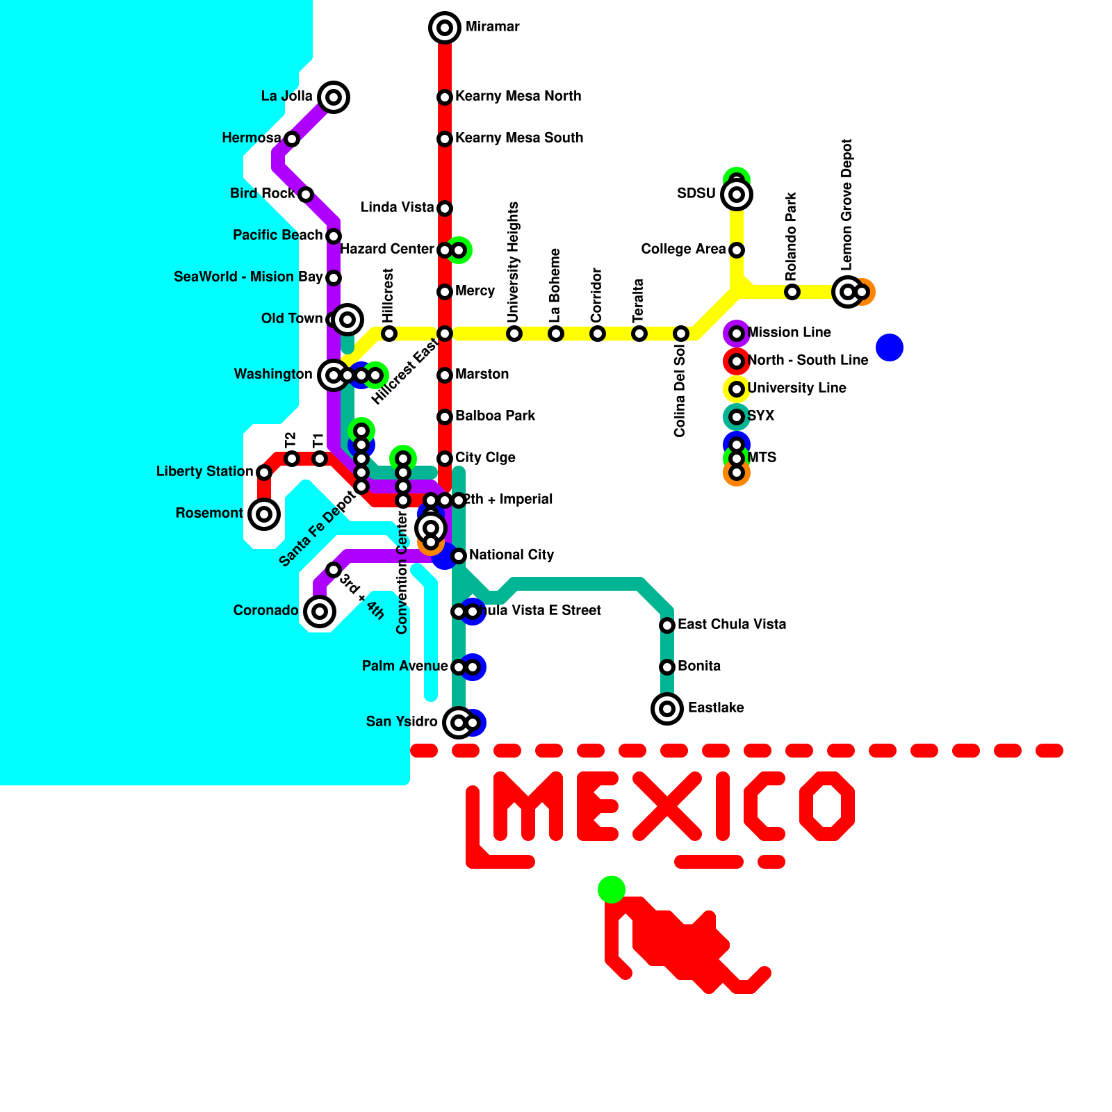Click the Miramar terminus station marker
445,28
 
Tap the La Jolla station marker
334,97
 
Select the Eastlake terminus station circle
667,709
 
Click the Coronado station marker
320,612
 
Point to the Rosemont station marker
264,514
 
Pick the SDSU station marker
737,195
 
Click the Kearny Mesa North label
518,96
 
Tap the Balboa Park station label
495,416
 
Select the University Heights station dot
514,334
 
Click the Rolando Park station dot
792,292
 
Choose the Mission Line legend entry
789,332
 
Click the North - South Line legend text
808,360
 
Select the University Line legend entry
796,388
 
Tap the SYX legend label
760,416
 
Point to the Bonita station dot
667,667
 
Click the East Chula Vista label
732,624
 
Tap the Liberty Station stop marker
264,473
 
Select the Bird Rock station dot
306,195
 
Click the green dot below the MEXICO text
612,890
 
